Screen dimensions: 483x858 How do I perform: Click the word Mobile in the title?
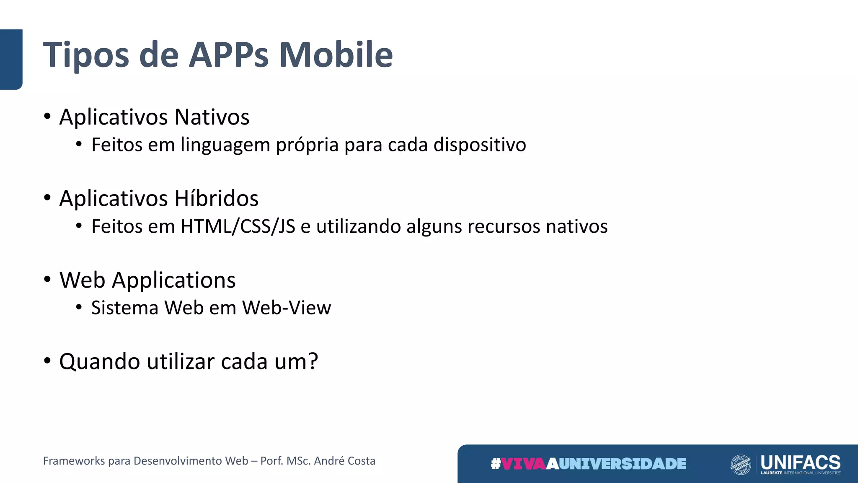pos(336,55)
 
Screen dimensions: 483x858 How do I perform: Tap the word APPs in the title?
pos(229,55)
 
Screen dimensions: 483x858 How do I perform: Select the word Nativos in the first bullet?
pos(212,117)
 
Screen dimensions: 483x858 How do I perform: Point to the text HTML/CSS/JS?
pos(238,226)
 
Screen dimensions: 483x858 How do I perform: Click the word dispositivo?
pos(480,145)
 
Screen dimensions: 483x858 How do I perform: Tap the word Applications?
pos(174,280)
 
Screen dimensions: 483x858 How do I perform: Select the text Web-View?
pos(287,308)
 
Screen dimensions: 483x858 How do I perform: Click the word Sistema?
pos(125,308)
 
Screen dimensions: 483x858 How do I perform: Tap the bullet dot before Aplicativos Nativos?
pos(47,116)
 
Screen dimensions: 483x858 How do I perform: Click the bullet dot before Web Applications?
pos(47,279)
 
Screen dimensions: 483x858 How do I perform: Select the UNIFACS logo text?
pos(800,462)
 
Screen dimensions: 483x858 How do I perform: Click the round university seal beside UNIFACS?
pos(740,464)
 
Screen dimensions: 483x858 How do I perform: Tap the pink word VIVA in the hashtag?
pos(524,464)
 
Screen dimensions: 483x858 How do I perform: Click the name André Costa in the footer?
pos(344,461)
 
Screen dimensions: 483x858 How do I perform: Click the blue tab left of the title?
pos(11,59)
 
